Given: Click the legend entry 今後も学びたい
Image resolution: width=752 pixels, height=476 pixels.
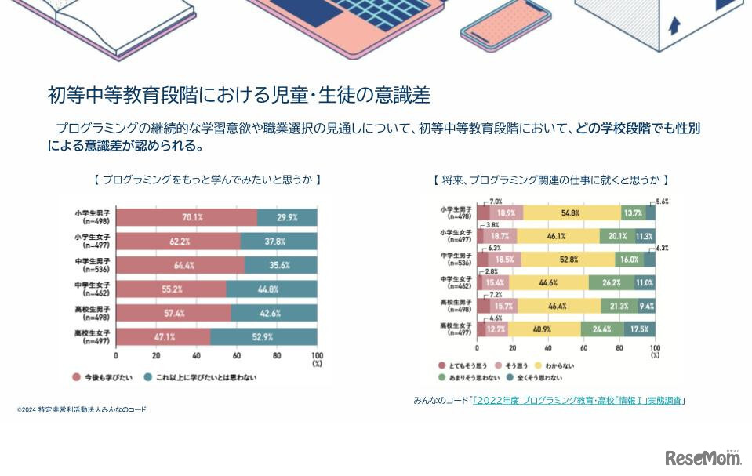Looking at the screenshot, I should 102,377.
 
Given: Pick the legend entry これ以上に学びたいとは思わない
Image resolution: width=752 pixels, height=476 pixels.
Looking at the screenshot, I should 204,377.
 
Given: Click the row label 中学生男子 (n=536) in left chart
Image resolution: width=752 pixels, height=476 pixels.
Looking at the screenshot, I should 93,265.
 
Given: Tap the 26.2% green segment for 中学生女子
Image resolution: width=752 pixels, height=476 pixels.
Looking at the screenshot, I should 612,282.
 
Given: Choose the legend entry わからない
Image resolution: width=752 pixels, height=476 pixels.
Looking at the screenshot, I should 559,365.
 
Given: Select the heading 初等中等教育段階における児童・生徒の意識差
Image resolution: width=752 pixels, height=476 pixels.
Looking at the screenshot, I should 238,96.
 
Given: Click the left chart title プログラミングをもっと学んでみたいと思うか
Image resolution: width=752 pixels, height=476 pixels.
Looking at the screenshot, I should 207,180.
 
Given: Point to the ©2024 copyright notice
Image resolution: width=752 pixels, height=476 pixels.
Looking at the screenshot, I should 82,409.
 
